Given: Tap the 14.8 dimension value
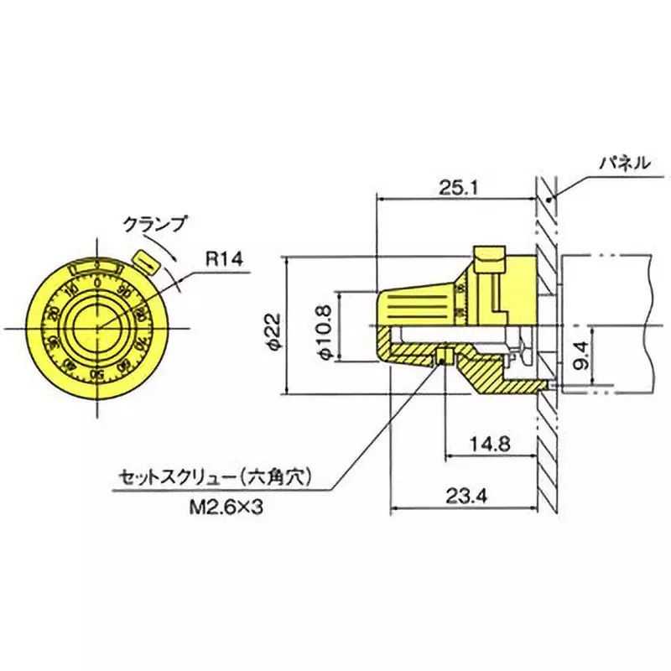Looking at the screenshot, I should pos(489,444).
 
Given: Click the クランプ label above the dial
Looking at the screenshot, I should pos(153,224).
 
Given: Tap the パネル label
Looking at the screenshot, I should pos(622,163).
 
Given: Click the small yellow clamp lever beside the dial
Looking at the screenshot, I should pos(147,261).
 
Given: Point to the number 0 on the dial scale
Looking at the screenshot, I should pos(98,283).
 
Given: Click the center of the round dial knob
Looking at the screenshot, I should pos(98,327).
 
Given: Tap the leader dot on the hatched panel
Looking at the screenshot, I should pos(549,199).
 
